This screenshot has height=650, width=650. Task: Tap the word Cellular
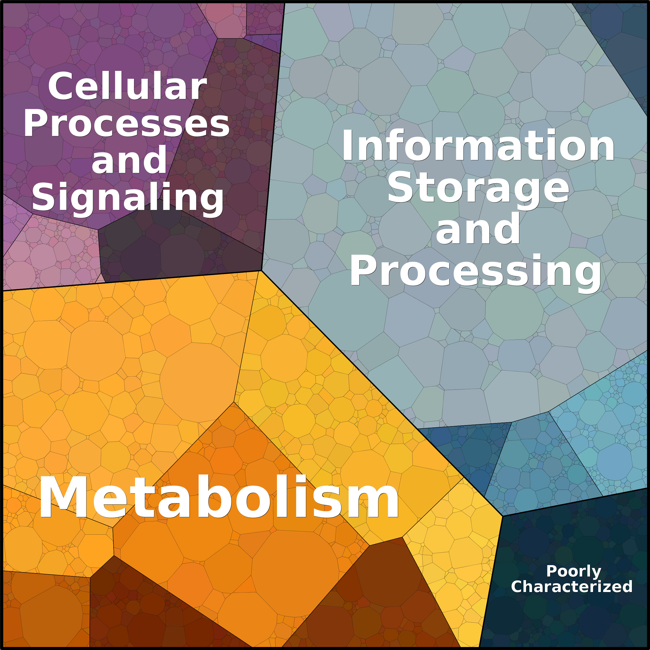(x=127, y=87)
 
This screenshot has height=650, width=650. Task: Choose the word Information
(x=478, y=145)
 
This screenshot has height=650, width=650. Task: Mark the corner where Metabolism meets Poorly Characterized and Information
(x=502, y=516)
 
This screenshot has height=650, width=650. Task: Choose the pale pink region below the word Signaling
(x=50, y=256)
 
